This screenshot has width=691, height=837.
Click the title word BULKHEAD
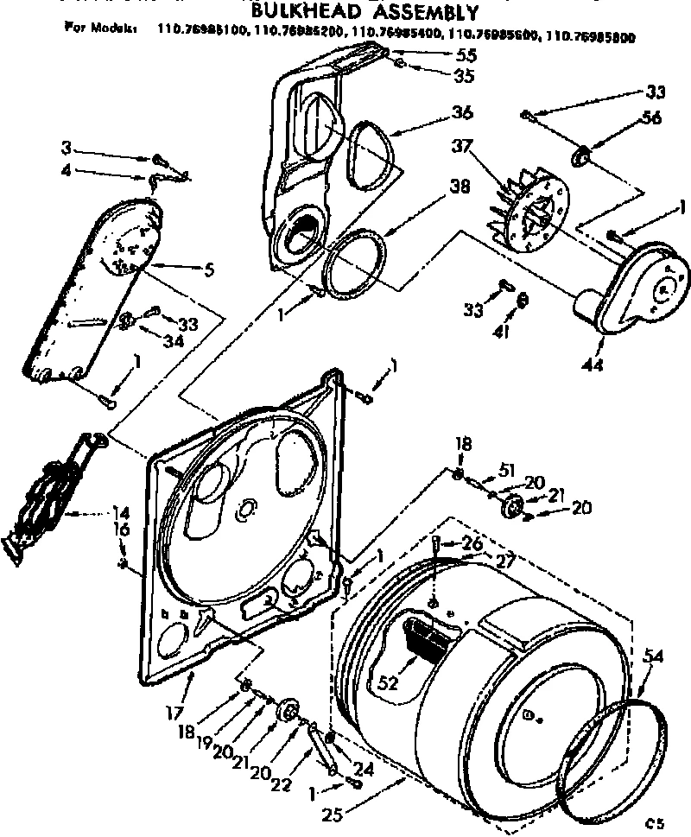coord(313,11)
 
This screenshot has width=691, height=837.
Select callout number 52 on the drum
coord(389,682)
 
